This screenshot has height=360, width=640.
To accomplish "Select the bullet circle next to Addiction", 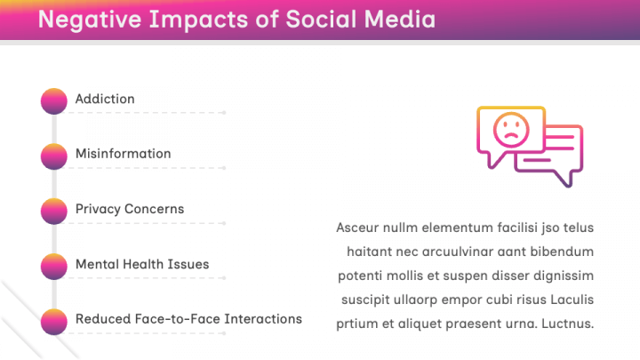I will (53, 100).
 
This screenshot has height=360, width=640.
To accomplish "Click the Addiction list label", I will (105, 99).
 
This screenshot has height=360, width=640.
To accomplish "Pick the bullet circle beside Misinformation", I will (53, 156).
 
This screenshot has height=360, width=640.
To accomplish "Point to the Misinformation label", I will (123, 154).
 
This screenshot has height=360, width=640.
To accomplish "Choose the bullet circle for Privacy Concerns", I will (53, 211).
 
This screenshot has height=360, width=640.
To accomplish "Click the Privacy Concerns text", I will (130, 209).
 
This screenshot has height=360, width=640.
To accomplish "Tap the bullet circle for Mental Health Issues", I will (53, 266).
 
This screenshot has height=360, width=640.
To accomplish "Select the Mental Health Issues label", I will (142, 264).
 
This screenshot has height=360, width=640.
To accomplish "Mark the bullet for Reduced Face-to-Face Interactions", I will (53, 321).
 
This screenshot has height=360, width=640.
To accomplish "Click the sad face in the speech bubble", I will (510, 131).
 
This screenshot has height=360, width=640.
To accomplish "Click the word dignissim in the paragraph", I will (562, 276).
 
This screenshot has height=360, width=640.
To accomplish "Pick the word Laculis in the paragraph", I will (570, 300).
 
